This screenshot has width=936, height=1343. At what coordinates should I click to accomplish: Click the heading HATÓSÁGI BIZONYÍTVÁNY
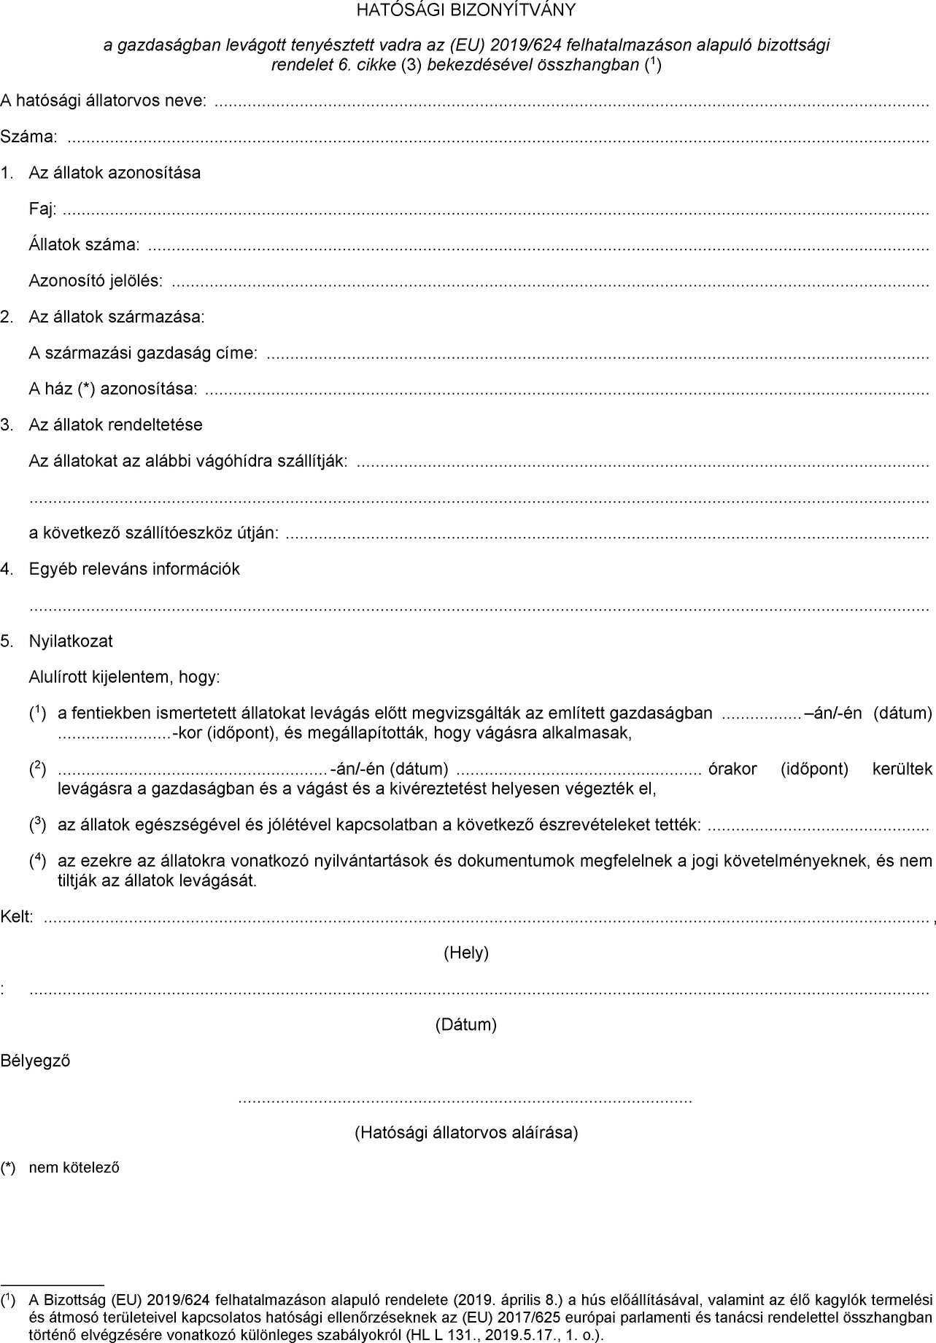465,10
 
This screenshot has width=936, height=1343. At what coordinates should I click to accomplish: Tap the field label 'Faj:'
42,209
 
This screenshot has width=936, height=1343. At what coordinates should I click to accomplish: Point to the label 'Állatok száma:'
84,245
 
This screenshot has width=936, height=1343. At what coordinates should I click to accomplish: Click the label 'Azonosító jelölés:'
96,281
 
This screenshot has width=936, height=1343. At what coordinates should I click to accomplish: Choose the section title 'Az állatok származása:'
117,317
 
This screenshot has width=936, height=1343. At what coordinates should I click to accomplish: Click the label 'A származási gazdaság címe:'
143,353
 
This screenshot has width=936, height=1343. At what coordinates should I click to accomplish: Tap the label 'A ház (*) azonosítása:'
113,389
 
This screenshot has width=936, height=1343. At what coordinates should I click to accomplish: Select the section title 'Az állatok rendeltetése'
115,425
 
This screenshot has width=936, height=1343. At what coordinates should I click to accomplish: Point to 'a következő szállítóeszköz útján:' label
153,533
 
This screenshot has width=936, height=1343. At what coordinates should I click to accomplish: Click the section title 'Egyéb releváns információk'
134,569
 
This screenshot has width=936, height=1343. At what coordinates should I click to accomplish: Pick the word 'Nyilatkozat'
71,641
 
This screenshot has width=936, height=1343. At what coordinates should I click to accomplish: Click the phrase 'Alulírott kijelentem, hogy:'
124,677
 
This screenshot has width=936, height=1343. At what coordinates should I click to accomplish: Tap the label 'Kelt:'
17,917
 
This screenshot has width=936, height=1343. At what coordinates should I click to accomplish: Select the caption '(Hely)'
466,952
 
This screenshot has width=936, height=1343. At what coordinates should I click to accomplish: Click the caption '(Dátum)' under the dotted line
466,1024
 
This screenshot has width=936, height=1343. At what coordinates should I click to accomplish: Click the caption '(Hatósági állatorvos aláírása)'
466,1132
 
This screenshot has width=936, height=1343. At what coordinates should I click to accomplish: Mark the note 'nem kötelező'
74,1168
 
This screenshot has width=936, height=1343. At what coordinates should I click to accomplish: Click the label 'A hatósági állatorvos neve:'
103,101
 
